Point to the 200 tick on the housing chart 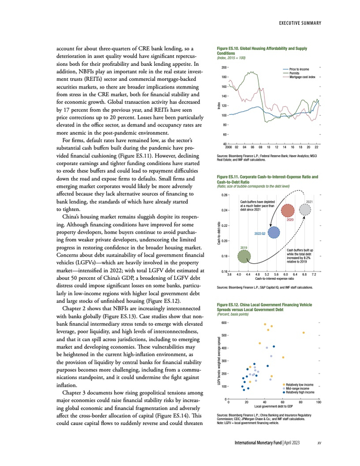click(224, 67)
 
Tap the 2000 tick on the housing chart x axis click(229, 147)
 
